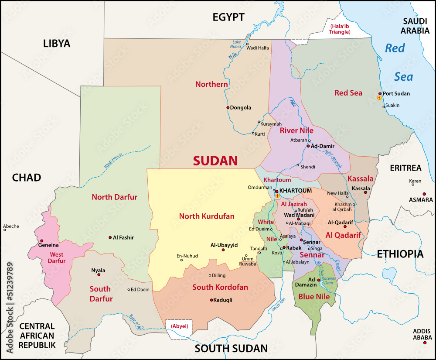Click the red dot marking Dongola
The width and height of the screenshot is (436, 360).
[228, 107]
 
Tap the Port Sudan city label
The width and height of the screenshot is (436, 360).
[396, 93]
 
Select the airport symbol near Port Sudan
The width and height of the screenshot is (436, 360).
[379, 98]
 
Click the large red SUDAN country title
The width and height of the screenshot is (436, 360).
[215, 161]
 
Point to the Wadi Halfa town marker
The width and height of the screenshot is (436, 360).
[247, 44]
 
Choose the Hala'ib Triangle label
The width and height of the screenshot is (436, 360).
[340, 29]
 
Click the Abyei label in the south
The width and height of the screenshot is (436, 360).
[179, 326]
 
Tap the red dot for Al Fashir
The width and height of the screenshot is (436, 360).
[110, 237]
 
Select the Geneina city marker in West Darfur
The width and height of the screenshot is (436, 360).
[41, 241]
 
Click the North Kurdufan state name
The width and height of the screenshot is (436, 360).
[207, 216]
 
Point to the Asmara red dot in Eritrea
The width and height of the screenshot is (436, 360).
[424, 194]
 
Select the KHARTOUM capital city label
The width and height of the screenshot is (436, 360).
[295, 191]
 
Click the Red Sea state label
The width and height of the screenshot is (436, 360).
[348, 93]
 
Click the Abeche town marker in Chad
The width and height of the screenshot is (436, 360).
[4, 230]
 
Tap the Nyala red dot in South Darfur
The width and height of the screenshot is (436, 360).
[99, 275]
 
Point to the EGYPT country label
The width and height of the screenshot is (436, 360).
[228, 17]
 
